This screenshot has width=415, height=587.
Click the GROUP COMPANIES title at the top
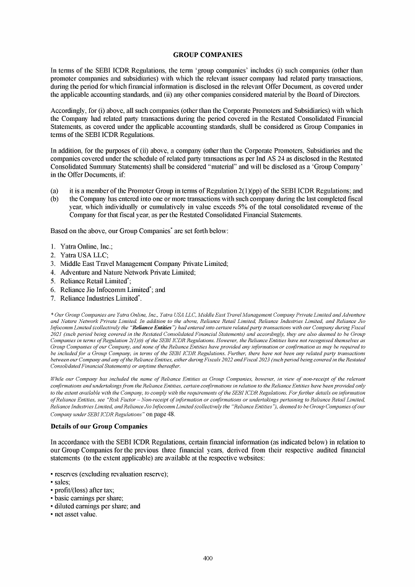207,55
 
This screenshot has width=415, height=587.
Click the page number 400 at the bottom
207,558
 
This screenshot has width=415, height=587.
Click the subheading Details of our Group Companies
98,427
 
